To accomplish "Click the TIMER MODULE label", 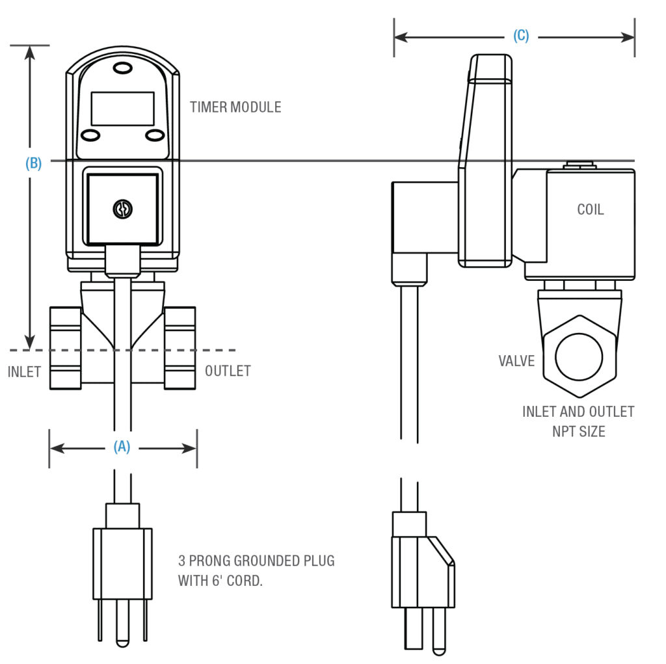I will click(x=235, y=107).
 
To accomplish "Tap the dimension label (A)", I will click(x=122, y=447).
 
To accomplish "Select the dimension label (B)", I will click(x=33, y=163).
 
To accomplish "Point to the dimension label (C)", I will click(x=521, y=36).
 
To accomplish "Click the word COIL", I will click(x=590, y=209).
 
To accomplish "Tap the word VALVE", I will click(x=516, y=361).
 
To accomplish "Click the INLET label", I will click(x=24, y=372).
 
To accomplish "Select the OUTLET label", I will click(x=228, y=371).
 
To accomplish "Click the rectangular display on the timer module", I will click(x=122, y=109).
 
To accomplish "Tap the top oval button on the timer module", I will click(x=122, y=68).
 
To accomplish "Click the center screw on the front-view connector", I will click(x=122, y=209).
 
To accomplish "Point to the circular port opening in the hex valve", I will click(x=578, y=356).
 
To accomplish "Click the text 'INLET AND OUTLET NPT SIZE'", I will click(x=578, y=421).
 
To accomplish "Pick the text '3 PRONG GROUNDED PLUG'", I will click(x=256, y=561).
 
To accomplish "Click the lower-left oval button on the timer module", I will click(x=90, y=135).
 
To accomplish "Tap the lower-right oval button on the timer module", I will click(x=154, y=135).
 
